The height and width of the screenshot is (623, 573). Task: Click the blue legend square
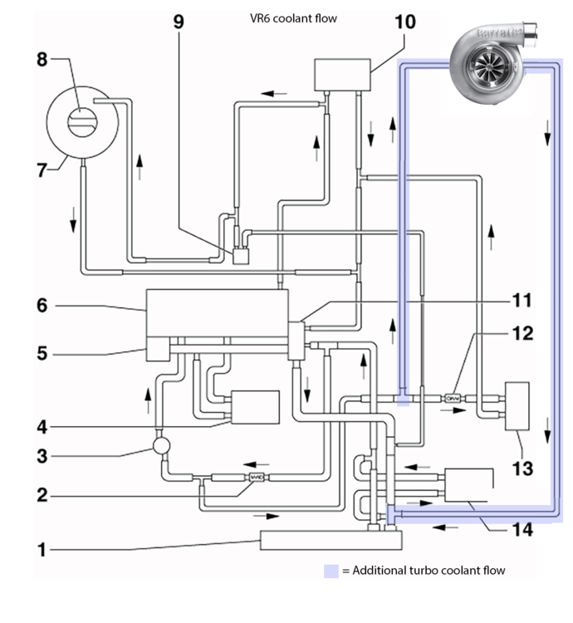[x=332, y=571]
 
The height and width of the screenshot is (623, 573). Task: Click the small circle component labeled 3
[x=161, y=445]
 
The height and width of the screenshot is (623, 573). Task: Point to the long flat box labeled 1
[x=331, y=540]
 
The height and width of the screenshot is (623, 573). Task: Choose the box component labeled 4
[x=255, y=407]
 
